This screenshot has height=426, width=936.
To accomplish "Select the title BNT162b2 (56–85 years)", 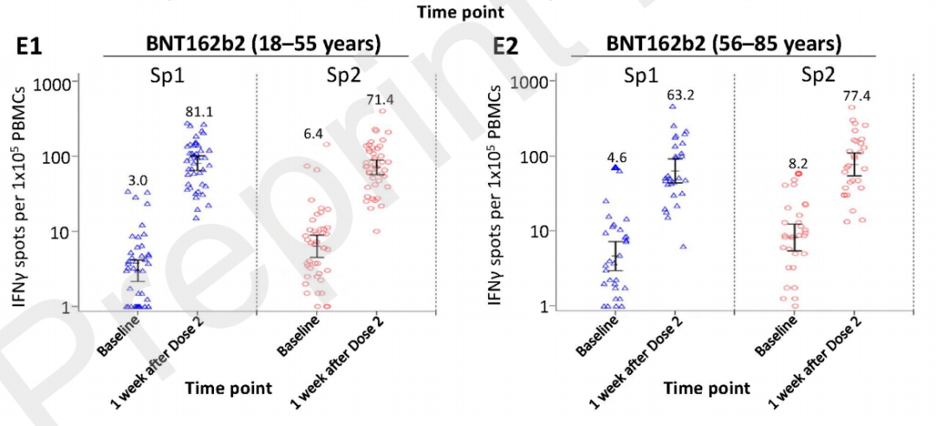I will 724,43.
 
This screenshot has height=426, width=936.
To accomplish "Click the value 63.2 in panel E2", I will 680,95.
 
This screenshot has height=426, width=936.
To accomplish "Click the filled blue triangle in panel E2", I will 616,168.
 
